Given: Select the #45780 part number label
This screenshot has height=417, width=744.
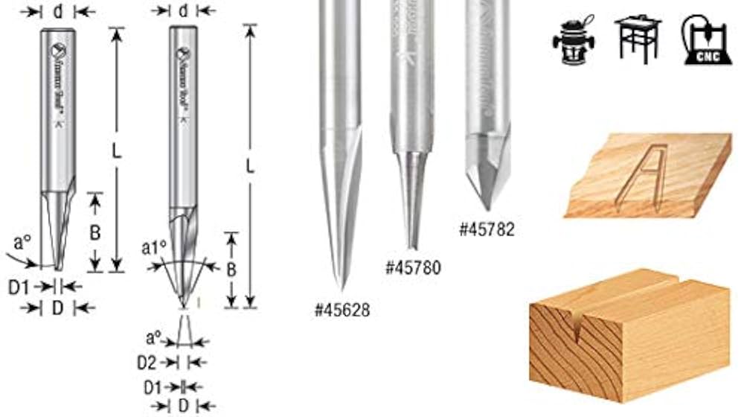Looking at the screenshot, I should pos(412,267).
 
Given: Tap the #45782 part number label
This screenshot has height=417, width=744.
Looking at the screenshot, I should pos(487,229).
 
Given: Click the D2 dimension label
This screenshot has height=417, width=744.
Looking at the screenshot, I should pos(147,362).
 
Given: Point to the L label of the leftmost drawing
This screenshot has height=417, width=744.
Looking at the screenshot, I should pos(116,150).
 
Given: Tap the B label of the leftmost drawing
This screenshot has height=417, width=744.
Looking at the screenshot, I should pos(95,232).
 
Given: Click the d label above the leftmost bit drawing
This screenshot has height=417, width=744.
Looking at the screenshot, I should pos(57,11).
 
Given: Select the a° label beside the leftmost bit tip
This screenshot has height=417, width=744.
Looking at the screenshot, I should pos(22,243).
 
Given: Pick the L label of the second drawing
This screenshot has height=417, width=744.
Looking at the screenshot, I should pos(250,167).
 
